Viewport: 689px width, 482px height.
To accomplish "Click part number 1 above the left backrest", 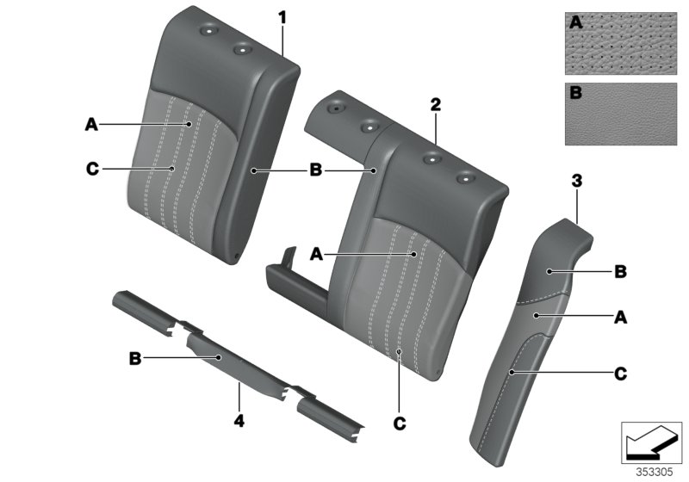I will pyautogui.click(x=281, y=17).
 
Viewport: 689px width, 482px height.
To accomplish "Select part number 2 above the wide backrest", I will pyautogui.click(x=436, y=105).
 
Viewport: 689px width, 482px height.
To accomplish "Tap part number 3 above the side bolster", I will pyautogui.click(x=576, y=181).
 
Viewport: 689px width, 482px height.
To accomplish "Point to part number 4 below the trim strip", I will pyautogui.click(x=239, y=421).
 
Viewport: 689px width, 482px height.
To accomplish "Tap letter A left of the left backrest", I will pyautogui.click(x=91, y=125).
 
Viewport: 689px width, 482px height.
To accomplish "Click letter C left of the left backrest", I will pyautogui.click(x=91, y=169).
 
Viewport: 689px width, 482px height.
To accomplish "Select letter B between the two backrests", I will pyautogui.click(x=315, y=171).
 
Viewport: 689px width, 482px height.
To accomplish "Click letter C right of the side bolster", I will pyautogui.click(x=620, y=374).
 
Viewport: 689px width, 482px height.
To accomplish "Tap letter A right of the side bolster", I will pyautogui.click(x=620, y=318).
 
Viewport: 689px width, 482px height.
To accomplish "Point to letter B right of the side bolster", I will pyautogui.click(x=620, y=273).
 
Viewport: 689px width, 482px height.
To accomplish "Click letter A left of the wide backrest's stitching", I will pyautogui.click(x=315, y=254).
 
